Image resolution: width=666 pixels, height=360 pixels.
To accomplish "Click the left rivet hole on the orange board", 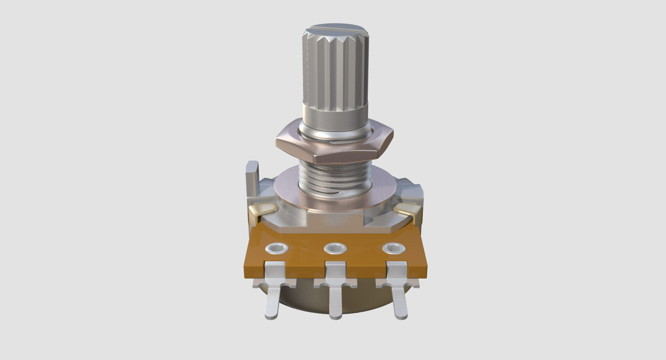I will [277, 248].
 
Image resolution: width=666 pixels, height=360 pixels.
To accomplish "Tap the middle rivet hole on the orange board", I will [335, 248].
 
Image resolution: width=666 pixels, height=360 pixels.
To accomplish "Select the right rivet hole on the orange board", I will [394, 248].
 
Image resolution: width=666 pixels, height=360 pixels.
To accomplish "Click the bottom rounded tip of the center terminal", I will [335, 316].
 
